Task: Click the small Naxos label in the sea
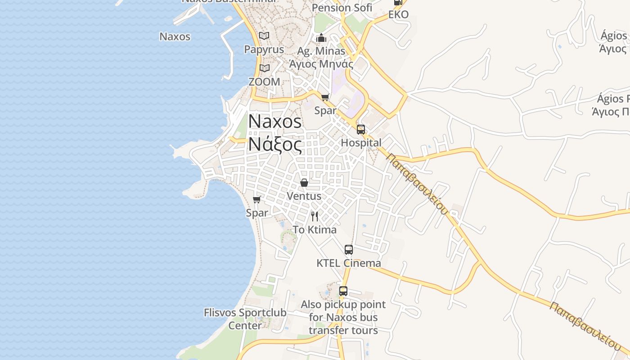point(175,36)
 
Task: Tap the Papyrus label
point(264,49)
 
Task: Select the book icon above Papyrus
point(264,36)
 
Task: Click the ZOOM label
point(264,82)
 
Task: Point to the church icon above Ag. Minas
point(321,38)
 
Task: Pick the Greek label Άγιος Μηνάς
point(321,64)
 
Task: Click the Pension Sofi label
point(342,8)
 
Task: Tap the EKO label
point(398,14)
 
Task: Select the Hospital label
point(361,143)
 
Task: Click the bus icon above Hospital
point(361,130)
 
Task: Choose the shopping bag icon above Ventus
point(304,183)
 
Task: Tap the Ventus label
point(304,196)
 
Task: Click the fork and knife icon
point(315,216)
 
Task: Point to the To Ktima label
point(315,230)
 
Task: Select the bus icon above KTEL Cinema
point(349,250)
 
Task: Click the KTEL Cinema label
point(349,263)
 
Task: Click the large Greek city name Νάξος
point(275,145)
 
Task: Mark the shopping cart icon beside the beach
point(257,199)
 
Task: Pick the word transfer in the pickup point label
point(327,330)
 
